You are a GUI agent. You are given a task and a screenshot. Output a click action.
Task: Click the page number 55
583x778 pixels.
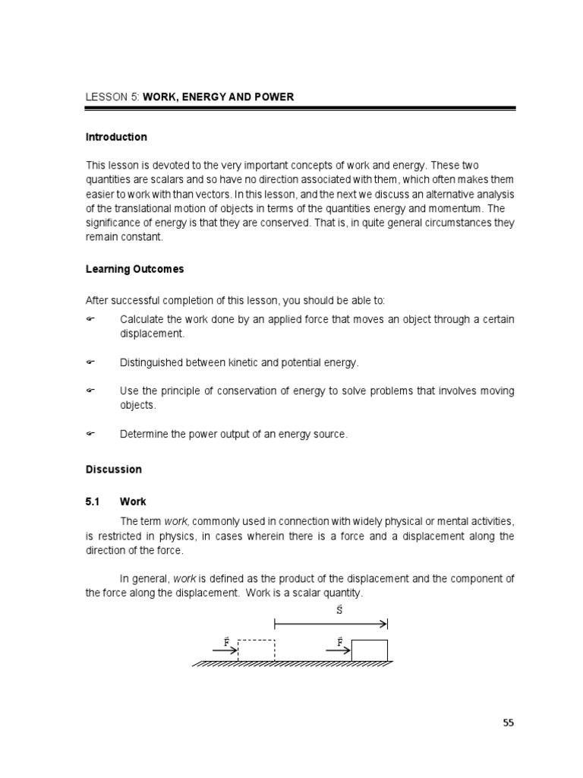508,723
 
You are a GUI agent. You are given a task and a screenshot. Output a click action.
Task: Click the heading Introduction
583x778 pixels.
116,138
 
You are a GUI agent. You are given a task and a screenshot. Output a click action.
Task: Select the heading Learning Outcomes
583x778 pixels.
134,270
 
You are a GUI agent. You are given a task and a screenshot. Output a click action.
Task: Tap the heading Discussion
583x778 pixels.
113,470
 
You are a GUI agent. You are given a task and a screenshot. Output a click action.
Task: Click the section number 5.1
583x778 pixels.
93,502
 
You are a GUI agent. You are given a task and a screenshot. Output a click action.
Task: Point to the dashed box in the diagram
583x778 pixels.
257,650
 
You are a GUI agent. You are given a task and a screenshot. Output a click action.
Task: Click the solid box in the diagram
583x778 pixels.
370,650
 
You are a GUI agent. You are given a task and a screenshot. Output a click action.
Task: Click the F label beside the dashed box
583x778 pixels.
226,641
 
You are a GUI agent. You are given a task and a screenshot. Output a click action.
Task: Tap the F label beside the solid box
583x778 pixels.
339,641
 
